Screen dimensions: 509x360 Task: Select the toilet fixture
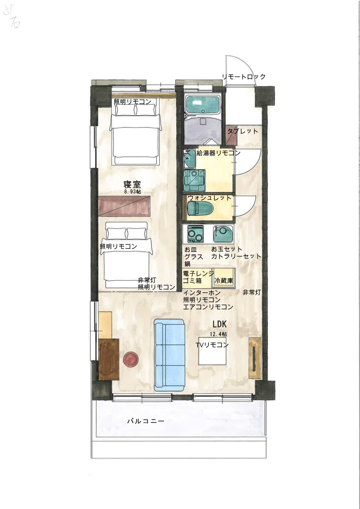click(x=200, y=208)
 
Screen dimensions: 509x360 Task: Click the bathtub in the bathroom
click(x=202, y=105)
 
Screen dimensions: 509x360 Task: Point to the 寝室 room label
click(x=132, y=184)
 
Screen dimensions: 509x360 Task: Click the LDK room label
click(x=219, y=325)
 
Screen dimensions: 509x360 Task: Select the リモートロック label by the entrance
click(x=244, y=77)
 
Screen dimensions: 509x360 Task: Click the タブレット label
click(x=243, y=131)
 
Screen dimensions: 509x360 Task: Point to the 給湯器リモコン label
click(x=218, y=153)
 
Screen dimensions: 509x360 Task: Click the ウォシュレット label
click(x=209, y=198)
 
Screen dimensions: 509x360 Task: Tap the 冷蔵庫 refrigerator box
click(x=224, y=280)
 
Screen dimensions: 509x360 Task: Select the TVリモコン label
click(x=212, y=345)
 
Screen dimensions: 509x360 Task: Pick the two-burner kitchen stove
click(x=195, y=233)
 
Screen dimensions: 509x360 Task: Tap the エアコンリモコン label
click(x=208, y=307)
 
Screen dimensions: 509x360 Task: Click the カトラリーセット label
click(x=236, y=256)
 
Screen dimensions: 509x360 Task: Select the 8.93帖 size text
click(x=132, y=192)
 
